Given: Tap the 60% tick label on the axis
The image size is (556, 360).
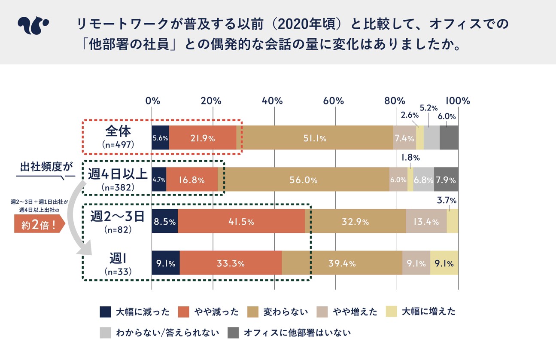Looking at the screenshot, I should tap(334, 101).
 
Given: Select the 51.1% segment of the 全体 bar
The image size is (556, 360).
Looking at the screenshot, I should tap(316, 138).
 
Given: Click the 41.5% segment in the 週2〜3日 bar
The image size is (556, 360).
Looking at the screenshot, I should tap(241, 222).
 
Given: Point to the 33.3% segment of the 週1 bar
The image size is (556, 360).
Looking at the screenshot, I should tap(231, 263).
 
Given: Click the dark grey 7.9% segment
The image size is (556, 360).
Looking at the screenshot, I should tap(446, 180).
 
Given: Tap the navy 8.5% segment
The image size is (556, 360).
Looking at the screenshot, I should tap(165, 222).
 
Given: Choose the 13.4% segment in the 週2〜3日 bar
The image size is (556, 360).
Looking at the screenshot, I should tap(426, 222).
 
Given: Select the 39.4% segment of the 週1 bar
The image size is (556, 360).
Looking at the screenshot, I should tap(342, 263).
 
